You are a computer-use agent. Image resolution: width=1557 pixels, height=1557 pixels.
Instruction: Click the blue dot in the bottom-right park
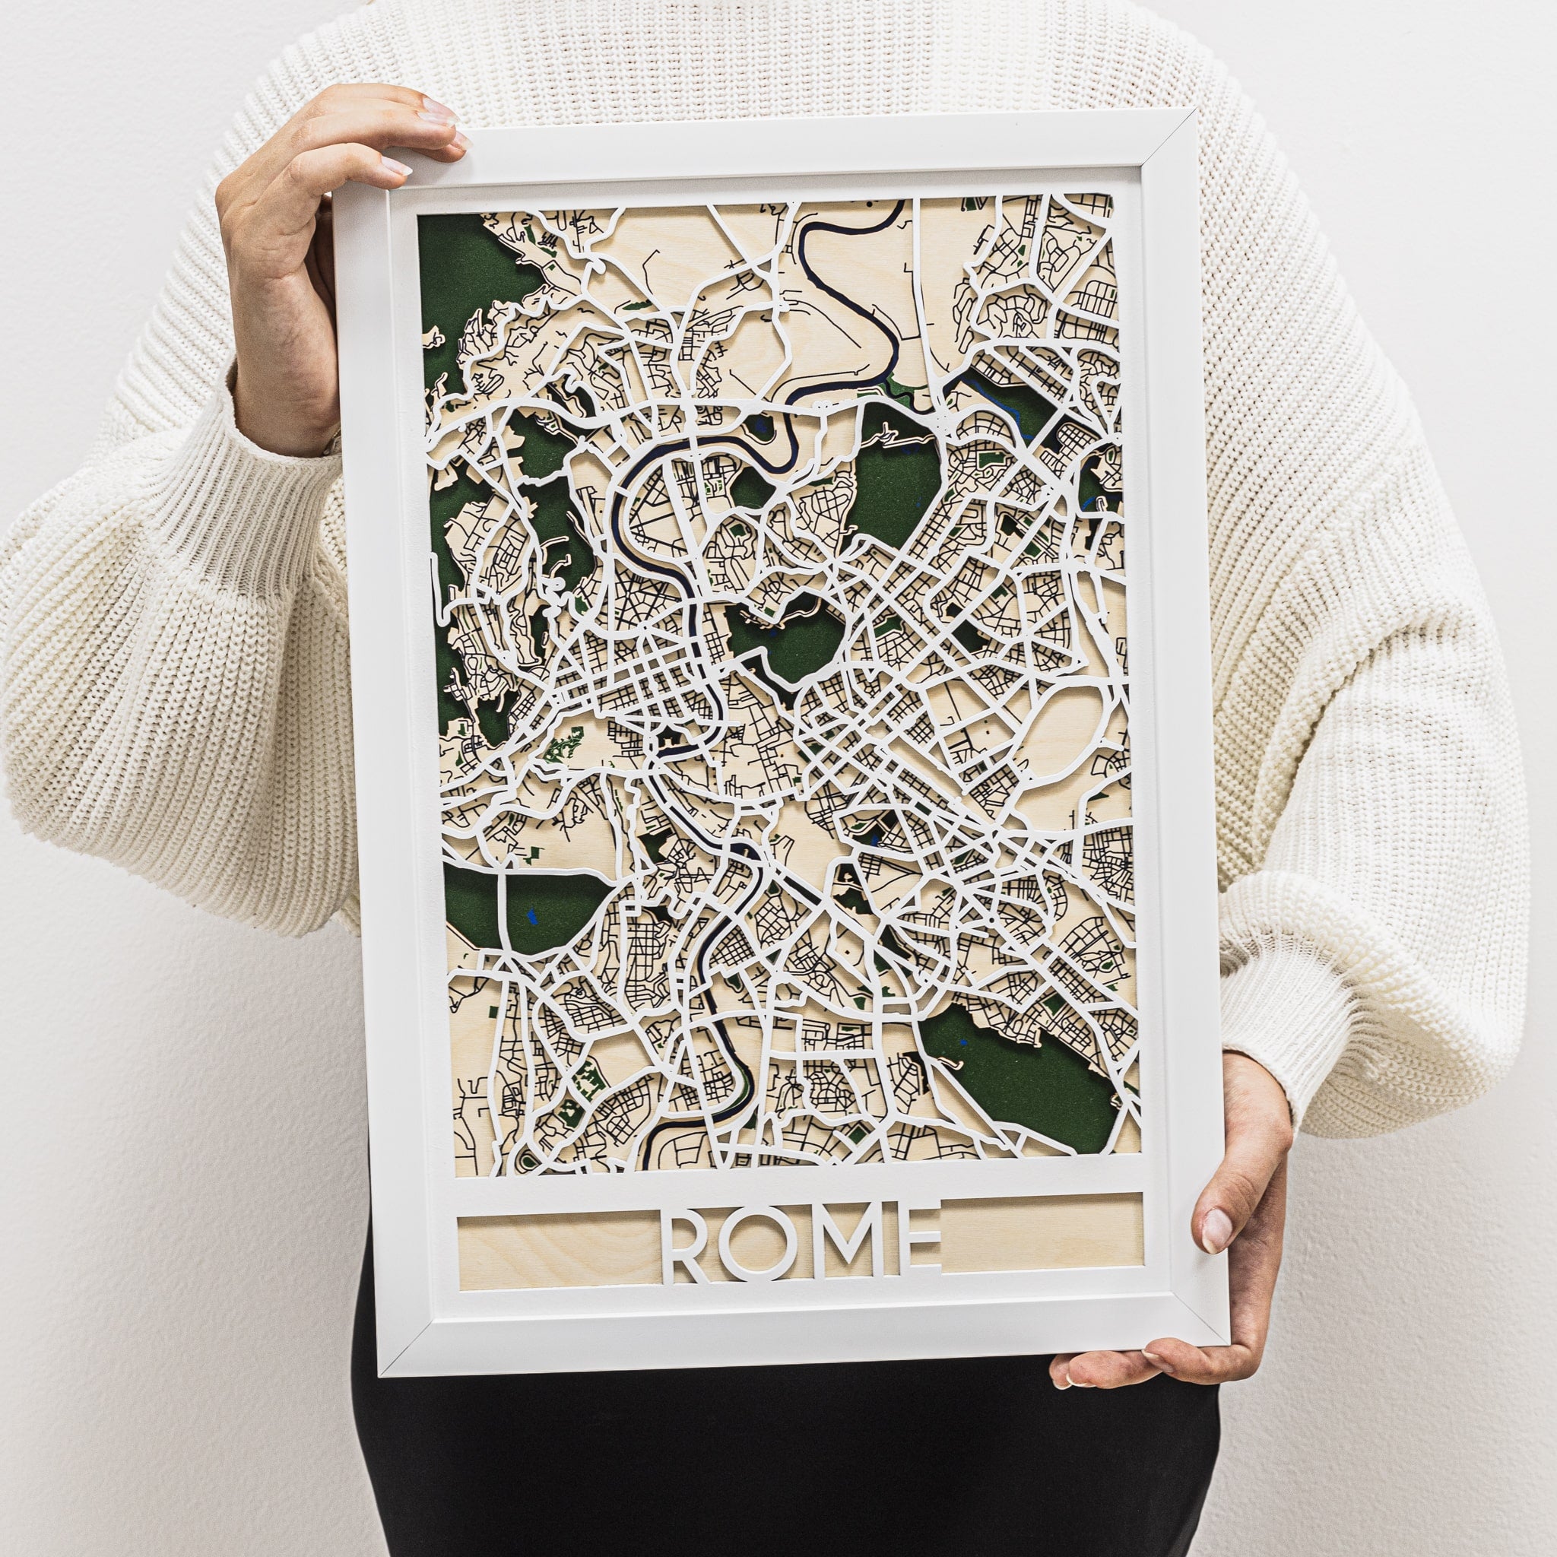click(x=964, y=1045)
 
